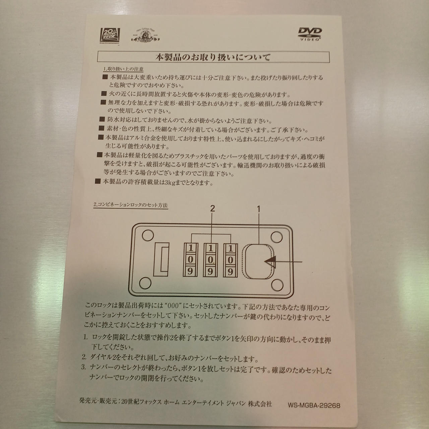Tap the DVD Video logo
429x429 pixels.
click(x=310, y=34)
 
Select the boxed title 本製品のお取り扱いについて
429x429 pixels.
click(x=213, y=57)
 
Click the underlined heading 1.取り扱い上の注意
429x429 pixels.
click(x=123, y=69)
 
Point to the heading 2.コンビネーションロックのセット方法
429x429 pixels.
click(x=131, y=205)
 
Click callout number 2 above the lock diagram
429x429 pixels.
click(x=212, y=208)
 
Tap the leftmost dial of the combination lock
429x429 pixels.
click(x=190, y=260)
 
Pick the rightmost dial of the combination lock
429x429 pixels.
click(x=230, y=260)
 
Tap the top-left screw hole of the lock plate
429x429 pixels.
click(x=147, y=235)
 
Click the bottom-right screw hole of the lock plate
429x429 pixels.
click(x=278, y=285)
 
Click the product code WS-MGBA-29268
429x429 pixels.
click(x=314, y=399)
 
